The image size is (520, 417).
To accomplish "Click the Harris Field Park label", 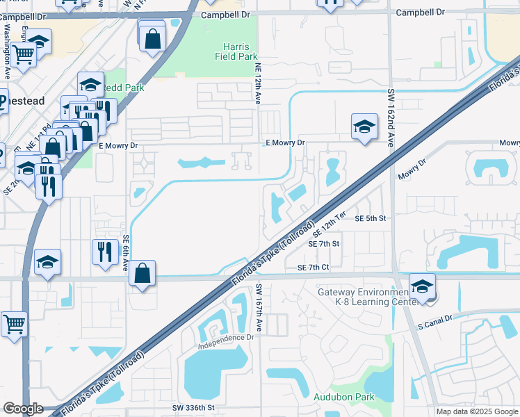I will point(232,51).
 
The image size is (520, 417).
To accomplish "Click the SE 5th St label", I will point(370,218).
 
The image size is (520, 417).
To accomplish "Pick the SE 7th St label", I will point(325,244).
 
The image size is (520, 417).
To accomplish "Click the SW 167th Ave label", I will point(258,307).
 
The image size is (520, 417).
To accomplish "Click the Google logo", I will point(23,409).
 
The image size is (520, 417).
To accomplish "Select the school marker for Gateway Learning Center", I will point(421,286).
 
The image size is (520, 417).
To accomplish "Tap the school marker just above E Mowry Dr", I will point(364,126).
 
